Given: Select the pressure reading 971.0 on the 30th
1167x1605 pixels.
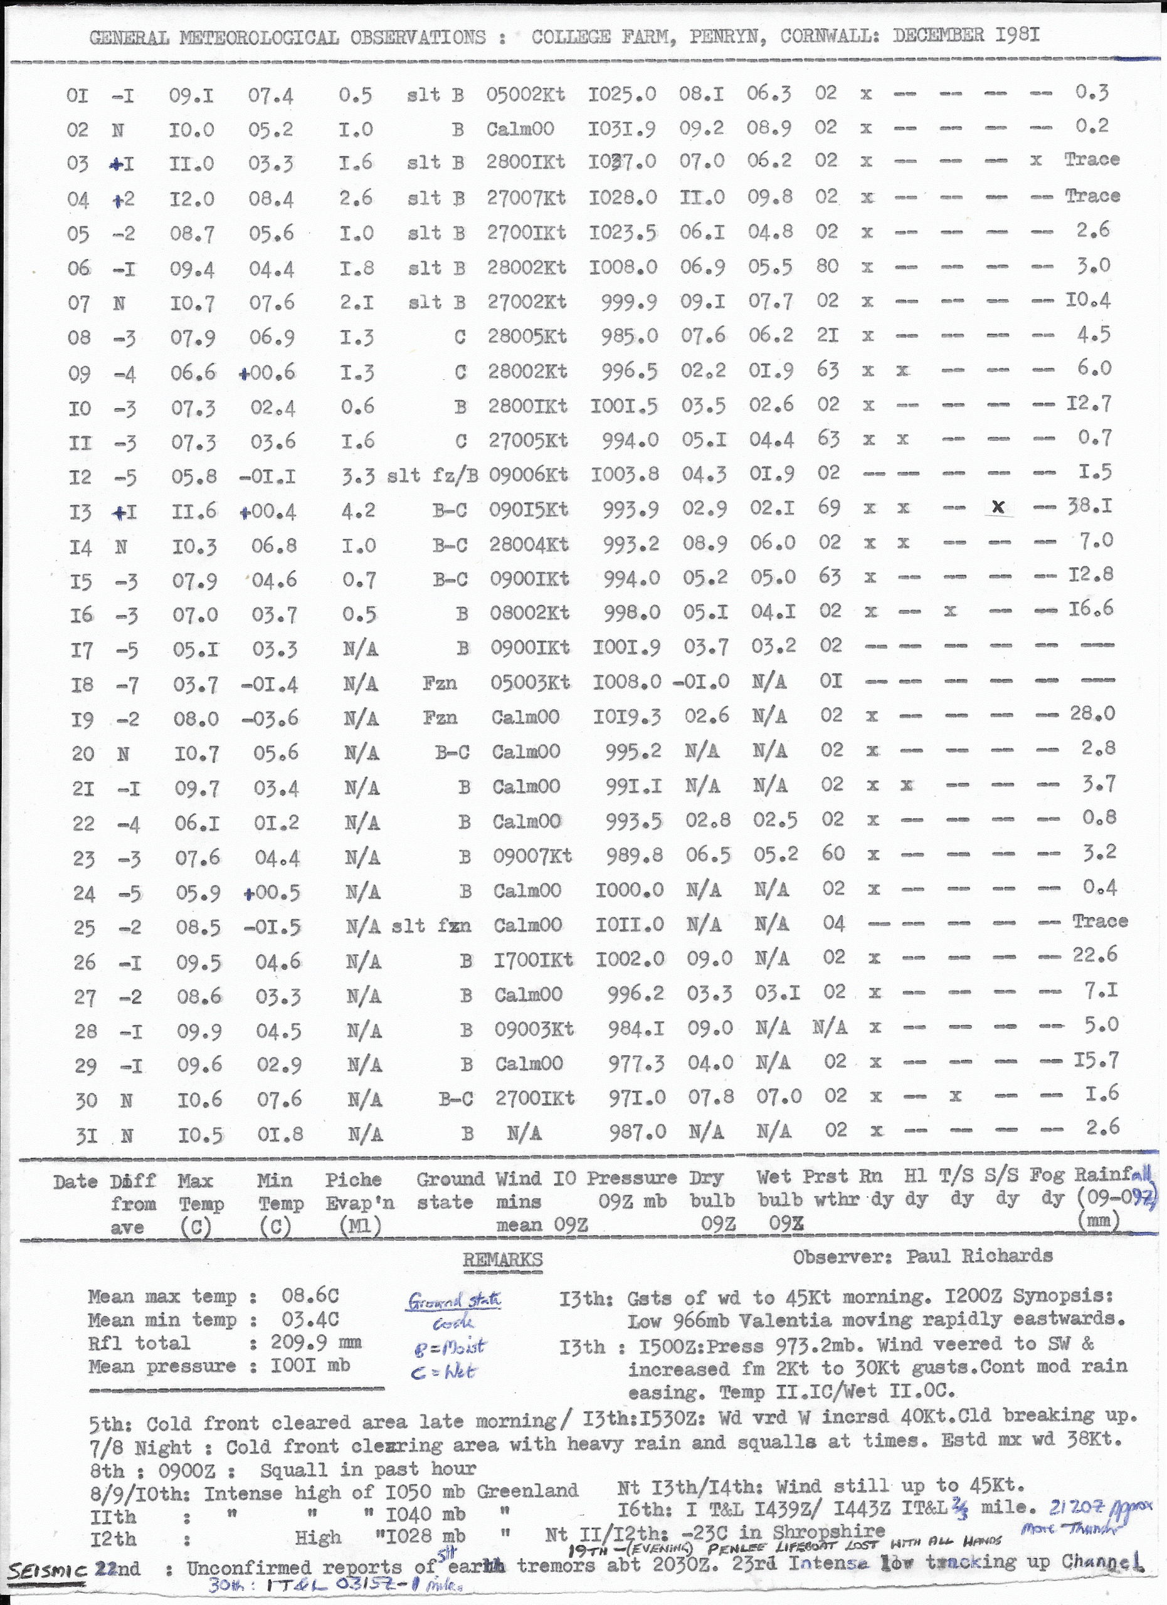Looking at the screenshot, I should click(637, 1098).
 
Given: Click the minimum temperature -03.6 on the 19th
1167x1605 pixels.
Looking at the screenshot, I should click(270, 719).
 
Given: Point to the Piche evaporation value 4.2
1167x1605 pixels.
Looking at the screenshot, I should click(358, 510).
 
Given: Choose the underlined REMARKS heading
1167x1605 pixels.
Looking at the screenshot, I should click(502, 1259).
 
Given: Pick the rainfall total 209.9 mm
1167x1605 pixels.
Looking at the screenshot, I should click(315, 1342).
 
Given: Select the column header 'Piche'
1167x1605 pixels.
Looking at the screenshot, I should click(353, 1180).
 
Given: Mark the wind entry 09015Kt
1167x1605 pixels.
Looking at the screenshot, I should click(528, 510).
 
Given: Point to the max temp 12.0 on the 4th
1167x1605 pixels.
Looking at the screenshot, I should click(192, 199).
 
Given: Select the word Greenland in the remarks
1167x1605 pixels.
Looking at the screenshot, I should click(527, 1490).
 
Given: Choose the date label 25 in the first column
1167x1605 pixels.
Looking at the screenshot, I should click(83, 927).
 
